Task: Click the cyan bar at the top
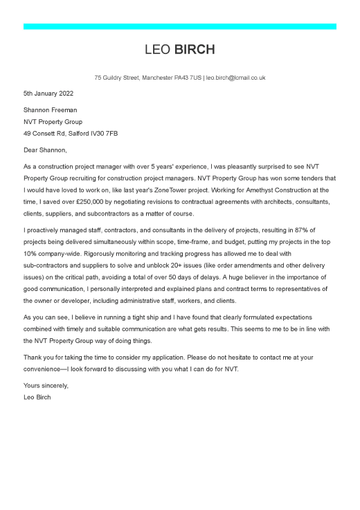(x=180, y=26)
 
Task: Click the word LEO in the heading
(x=158, y=50)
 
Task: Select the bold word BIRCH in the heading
(x=195, y=50)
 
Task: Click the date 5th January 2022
(x=48, y=93)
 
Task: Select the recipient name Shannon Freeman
(x=51, y=109)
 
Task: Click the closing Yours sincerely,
(x=46, y=385)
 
